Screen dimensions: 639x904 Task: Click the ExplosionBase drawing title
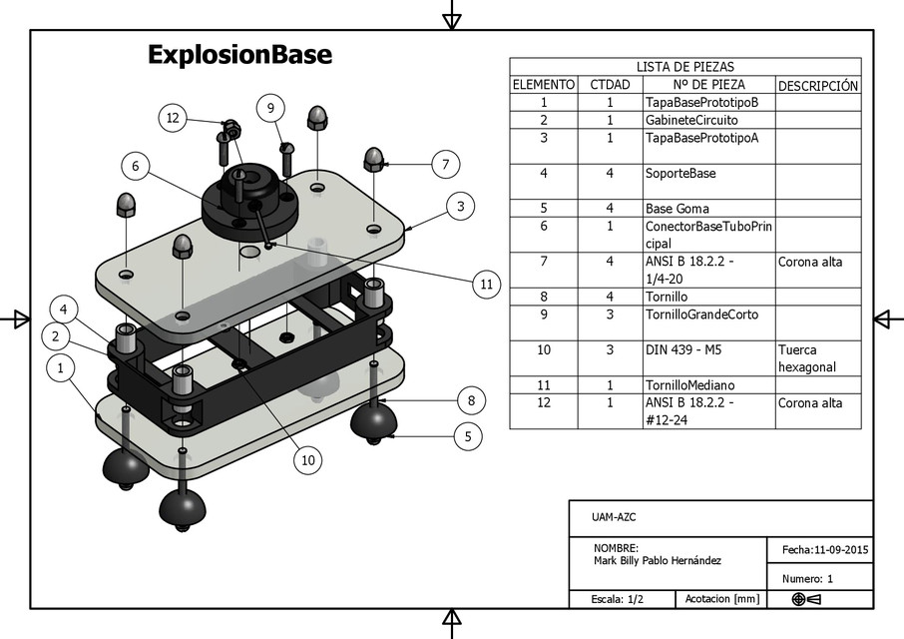coord(239,54)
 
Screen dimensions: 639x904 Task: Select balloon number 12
coord(173,118)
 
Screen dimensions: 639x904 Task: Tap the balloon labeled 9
coord(270,108)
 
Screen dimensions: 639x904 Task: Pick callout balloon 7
coord(446,165)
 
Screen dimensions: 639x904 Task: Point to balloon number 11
coord(486,285)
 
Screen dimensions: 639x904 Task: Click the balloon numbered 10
coord(308,459)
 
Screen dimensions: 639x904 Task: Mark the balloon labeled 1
coord(61,368)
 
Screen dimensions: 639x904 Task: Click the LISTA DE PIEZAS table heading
coord(684,66)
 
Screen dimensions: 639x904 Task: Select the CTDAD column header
coord(610,85)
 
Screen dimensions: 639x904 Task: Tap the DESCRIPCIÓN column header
coord(817,85)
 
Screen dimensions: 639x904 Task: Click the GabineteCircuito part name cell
coord(691,120)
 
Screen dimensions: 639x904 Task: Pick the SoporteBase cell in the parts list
coord(680,173)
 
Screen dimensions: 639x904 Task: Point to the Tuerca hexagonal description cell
coord(806,358)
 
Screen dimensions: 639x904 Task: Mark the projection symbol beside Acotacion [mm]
coord(805,599)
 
